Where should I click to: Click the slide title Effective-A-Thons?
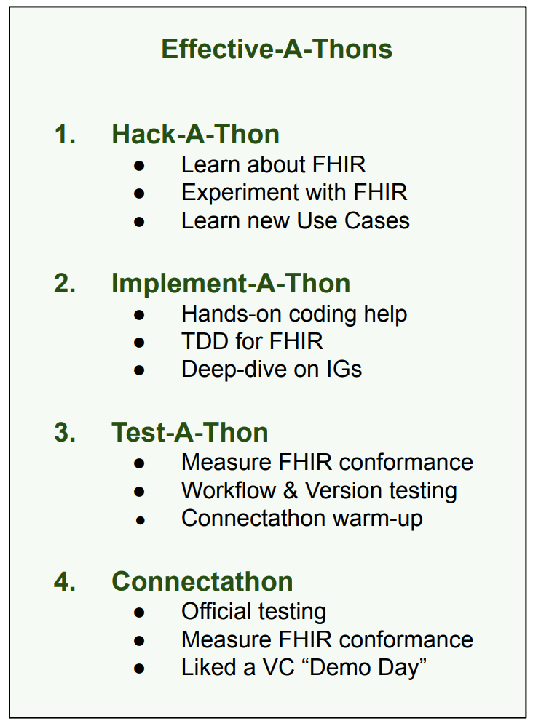[x=277, y=49]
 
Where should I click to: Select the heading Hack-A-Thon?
[x=196, y=134]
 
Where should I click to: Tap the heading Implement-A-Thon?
[x=231, y=283]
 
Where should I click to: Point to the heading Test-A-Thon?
[x=190, y=432]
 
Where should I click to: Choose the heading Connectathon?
[x=202, y=581]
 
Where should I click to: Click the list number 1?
[x=65, y=135]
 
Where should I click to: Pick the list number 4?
[x=65, y=581]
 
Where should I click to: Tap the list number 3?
[x=65, y=432]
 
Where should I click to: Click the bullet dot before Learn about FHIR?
[x=139, y=166]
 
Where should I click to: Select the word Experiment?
[x=240, y=193]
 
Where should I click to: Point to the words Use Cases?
[x=353, y=220]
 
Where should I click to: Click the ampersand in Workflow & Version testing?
[x=291, y=490]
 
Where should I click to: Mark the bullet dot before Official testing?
[x=139, y=613]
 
